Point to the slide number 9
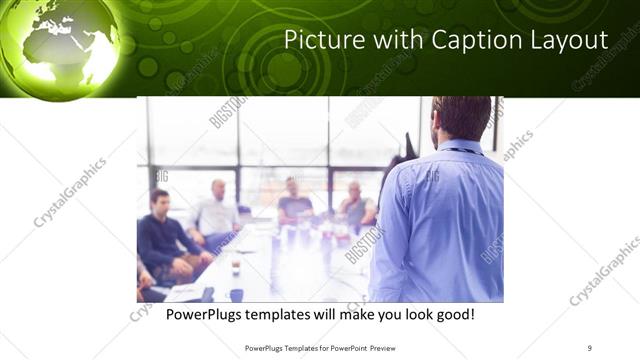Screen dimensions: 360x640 [x=590, y=347]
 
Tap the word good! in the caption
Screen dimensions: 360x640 [x=452, y=314]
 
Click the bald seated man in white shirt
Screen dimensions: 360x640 [x=216, y=211]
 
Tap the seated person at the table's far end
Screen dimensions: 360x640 [x=295, y=200]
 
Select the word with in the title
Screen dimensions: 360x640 [x=395, y=41]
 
